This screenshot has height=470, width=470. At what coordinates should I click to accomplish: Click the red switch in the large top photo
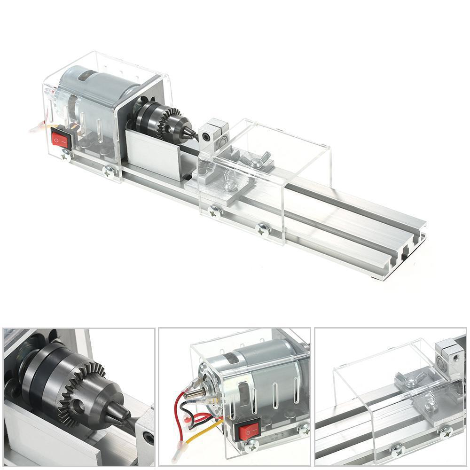pyautogui.click(x=60, y=139)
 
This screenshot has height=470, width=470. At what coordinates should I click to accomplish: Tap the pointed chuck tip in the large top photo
pyautogui.click(x=193, y=134)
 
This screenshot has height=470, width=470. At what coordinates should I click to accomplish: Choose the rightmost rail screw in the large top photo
pyautogui.click(x=263, y=229)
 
